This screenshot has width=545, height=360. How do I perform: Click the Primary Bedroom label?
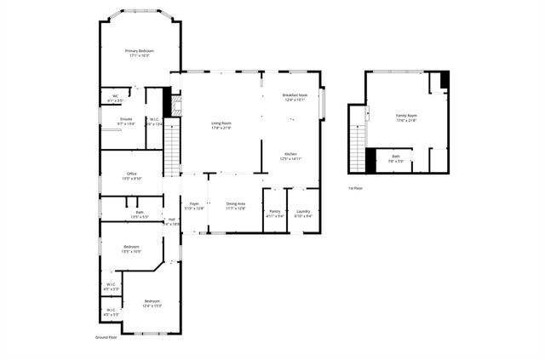[140, 53]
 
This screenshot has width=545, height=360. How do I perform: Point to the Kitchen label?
[290, 156]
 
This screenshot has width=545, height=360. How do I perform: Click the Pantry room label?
[274, 213]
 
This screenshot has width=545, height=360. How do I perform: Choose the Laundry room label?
[303, 213]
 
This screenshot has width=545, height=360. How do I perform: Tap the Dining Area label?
[236, 205]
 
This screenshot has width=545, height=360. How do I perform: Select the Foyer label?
[194, 205]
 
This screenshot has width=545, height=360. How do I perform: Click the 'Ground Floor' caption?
[106, 337]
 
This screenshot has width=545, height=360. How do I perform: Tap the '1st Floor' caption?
[355, 187]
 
